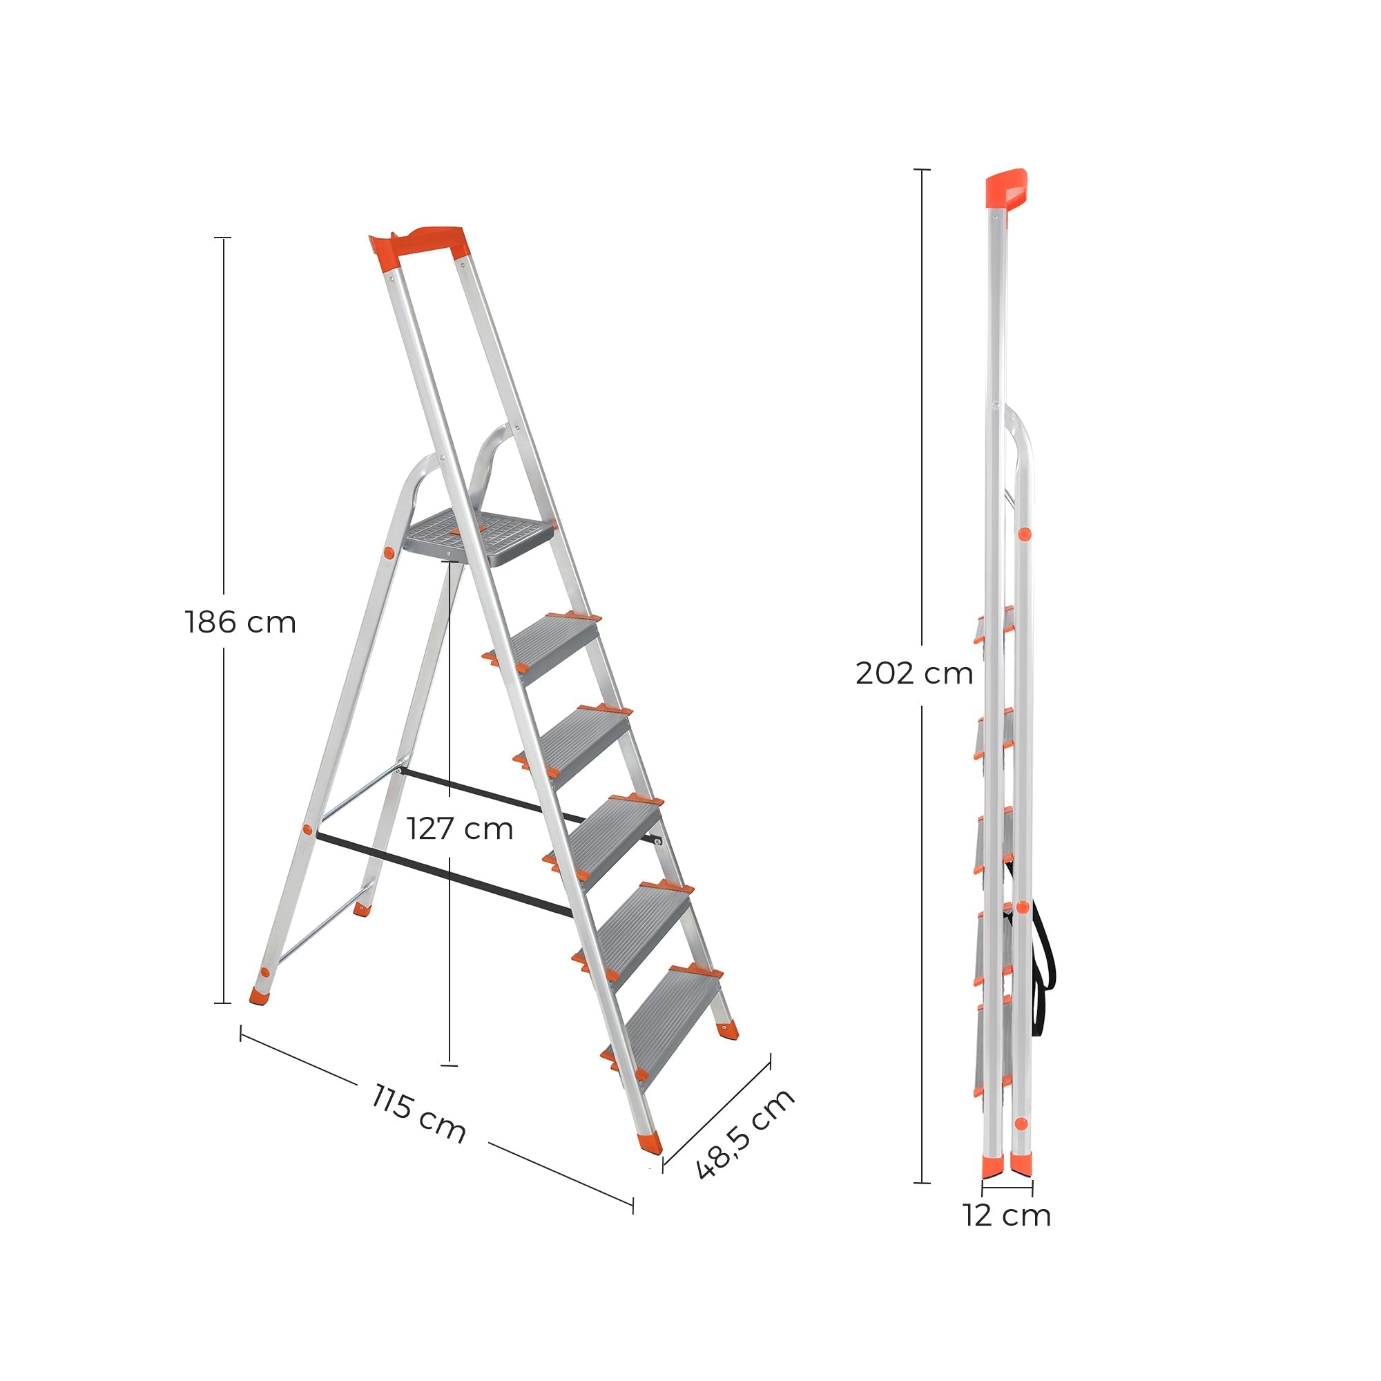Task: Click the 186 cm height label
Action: (x=240, y=623)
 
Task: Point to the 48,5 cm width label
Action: (x=744, y=1134)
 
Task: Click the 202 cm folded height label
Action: (x=914, y=673)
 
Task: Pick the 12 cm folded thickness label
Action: (x=1007, y=1215)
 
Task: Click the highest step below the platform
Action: (x=554, y=646)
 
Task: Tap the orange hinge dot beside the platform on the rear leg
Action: (x=389, y=552)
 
